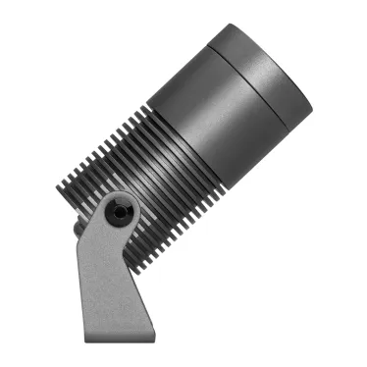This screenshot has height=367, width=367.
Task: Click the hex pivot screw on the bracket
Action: pyautogui.click(x=120, y=210)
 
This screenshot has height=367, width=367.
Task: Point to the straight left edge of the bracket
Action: pyautogui.click(x=85, y=285)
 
